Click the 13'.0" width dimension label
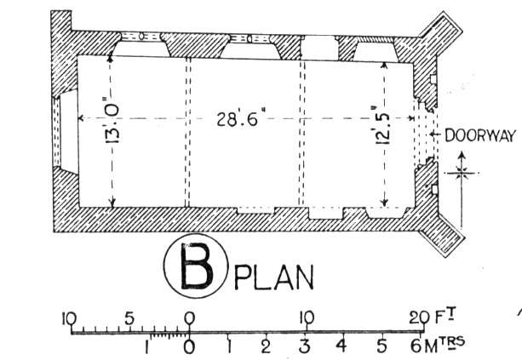[x=112, y=123]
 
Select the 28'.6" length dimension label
[x=238, y=119]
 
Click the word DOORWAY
[x=480, y=136]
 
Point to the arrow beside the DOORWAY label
[x=435, y=134]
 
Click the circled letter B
[x=196, y=266]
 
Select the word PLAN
[x=274, y=277]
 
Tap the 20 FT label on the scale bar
[x=432, y=317]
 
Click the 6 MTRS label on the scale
[x=437, y=345]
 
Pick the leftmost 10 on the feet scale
[x=69, y=319]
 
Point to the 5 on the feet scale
[x=129, y=318]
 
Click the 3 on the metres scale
[x=304, y=346]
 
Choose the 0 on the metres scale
[x=189, y=346]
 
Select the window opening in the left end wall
[x=64, y=131]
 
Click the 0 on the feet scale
[x=189, y=318]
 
